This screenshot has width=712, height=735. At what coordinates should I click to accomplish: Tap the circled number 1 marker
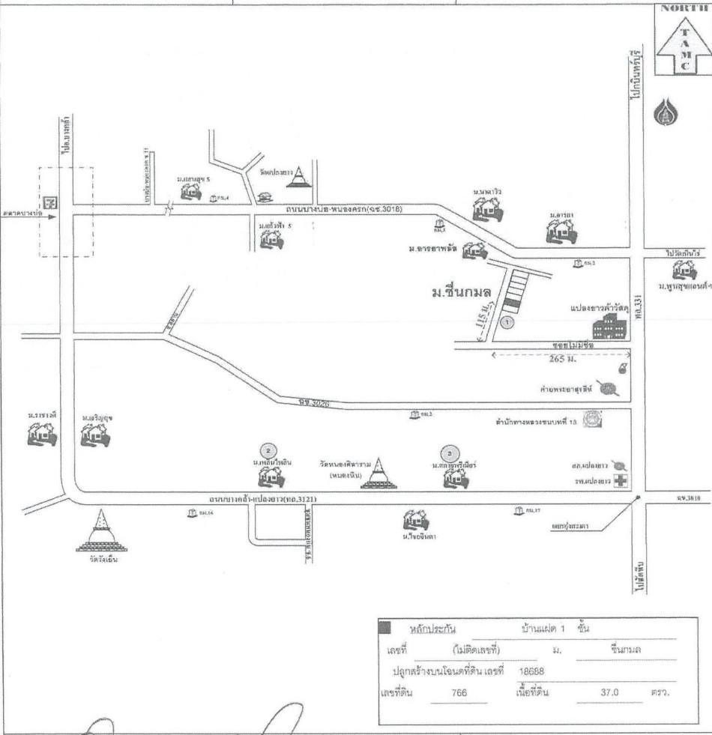[x=507, y=323]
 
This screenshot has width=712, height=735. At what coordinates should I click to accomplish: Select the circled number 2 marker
[x=268, y=450]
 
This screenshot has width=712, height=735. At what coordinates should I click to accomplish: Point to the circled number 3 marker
[x=449, y=453]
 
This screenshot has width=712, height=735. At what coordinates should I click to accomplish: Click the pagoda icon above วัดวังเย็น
[x=103, y=529]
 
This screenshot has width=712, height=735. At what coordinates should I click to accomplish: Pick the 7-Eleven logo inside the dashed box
[x=49, y=202]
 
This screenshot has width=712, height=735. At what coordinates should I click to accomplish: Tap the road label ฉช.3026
[x=313, y=405]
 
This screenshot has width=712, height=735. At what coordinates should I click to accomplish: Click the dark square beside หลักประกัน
[x=384, y=628]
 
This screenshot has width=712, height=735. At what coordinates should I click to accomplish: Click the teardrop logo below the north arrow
[x=665, y=113]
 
